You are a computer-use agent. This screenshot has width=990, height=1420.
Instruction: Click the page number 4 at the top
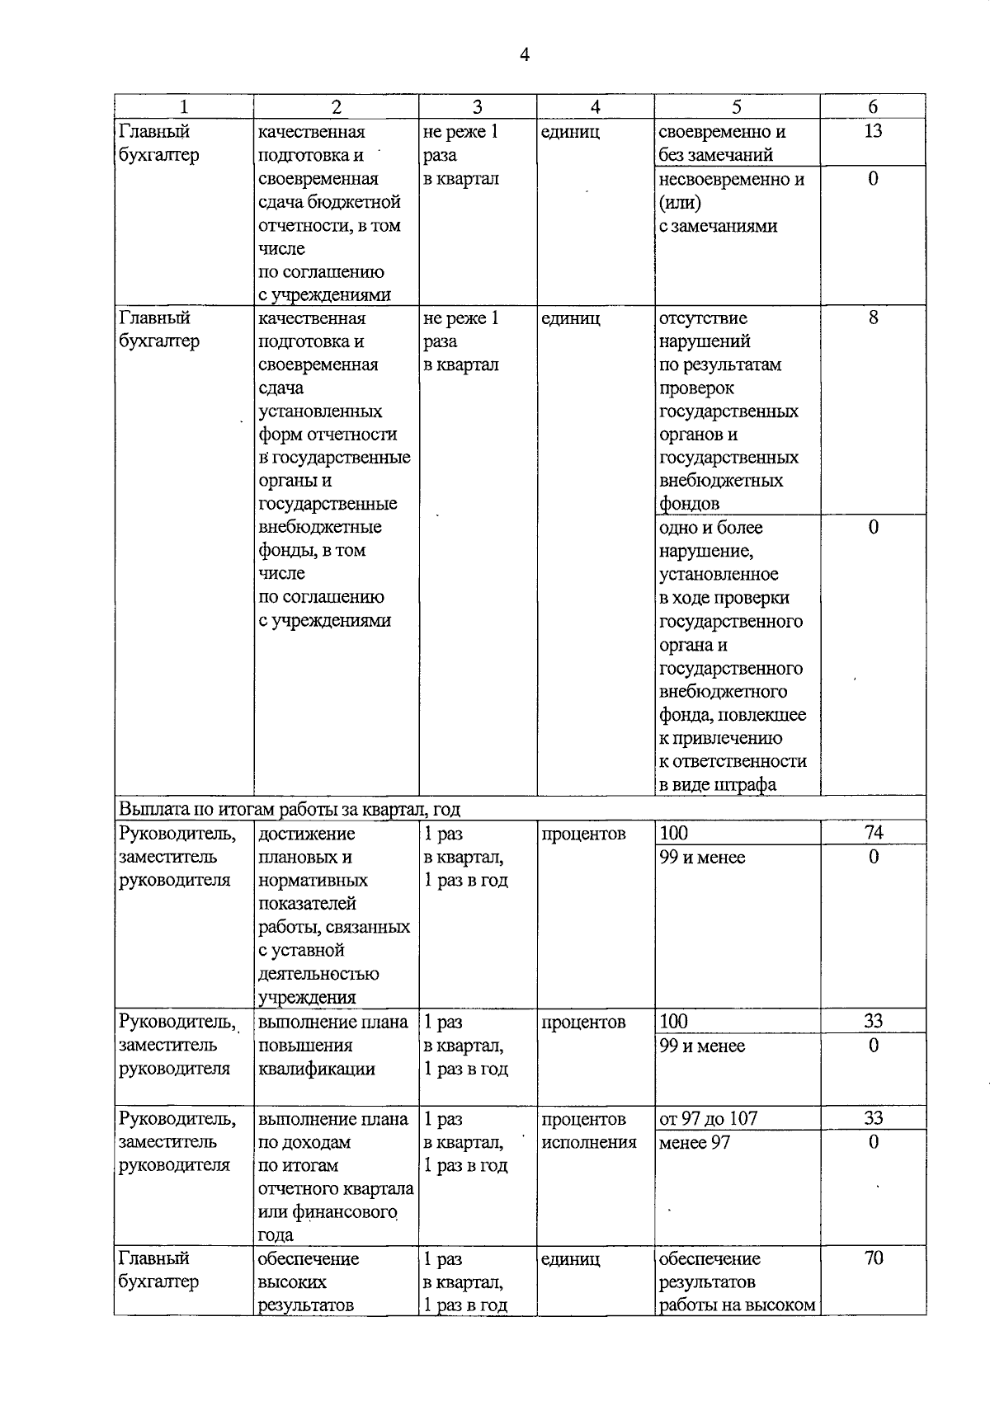pos(525,54)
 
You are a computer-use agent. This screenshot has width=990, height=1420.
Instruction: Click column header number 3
pos(477,106)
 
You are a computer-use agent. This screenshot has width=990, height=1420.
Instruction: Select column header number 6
pos(873,106)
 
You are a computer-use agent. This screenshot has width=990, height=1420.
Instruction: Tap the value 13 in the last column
pos(873,131)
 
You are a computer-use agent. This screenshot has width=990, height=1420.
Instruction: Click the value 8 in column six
pos(873,317)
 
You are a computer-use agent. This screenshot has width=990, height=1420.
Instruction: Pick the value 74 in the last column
pos(873,833)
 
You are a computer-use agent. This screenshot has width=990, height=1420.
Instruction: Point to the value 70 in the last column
pos(873,1258)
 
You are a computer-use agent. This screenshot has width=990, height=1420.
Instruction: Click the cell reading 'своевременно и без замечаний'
pos(721,143)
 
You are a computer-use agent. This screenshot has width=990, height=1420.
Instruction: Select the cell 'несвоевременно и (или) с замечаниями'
pos(731,202)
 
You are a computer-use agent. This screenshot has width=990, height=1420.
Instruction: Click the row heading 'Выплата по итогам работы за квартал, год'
pos(290,808)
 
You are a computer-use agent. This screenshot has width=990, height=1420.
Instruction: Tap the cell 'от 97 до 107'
pos(709,1119)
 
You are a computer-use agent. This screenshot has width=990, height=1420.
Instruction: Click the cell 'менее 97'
pos(694,1143)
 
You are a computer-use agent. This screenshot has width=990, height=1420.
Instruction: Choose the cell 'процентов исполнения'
pos(589,1131)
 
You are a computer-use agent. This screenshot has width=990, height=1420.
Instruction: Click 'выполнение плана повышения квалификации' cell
pos(332,1046)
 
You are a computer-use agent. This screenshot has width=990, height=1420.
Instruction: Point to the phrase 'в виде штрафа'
pos(717,784)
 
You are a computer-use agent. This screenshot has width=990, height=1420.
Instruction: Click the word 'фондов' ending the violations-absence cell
pos(689,503)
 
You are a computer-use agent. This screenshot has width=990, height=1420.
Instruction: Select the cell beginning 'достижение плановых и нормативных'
pos(333,915)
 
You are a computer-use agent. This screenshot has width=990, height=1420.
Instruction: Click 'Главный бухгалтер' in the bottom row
pos(158,1270)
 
